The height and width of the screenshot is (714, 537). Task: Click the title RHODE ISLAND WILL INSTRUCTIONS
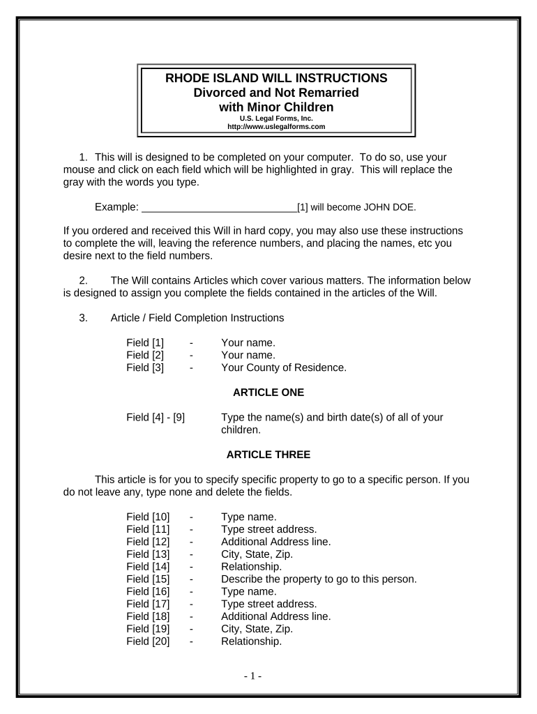(276, 78)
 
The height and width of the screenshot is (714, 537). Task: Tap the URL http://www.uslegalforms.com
(276, 127)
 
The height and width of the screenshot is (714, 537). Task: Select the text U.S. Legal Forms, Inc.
(276, 119)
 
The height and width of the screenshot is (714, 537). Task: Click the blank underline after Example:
(219, 207)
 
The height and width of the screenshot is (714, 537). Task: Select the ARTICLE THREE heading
(268, 455)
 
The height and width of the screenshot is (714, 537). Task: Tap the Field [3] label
(145, 367)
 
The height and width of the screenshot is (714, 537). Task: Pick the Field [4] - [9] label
(156, 418)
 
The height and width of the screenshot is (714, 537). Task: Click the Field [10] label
(148, 517)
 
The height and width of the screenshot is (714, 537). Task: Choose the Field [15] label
(148, 579)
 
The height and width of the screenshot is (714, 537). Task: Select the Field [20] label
(148, 641)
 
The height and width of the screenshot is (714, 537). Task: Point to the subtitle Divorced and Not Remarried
(276, 93)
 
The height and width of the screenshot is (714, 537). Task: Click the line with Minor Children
(276, 107)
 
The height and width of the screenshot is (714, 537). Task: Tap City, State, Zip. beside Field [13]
(257, 554)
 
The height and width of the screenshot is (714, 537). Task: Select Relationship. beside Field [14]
(251, 567)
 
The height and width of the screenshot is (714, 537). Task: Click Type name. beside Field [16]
(248, 591)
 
